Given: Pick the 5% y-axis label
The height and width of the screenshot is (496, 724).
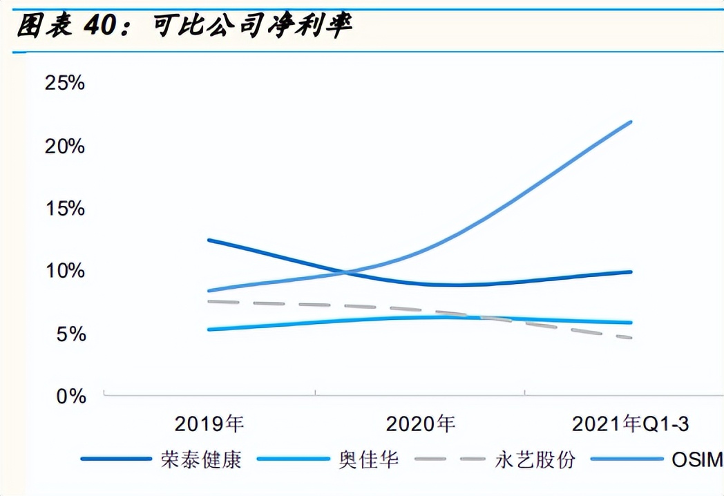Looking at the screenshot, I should (70, 334).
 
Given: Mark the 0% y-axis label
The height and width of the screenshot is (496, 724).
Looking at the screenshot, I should (70, 397).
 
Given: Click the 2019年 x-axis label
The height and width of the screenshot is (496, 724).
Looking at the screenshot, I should (209, 423).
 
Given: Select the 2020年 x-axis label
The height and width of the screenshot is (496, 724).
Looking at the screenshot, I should (420, 423).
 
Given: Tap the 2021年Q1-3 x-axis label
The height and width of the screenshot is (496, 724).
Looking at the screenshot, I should (630, 423).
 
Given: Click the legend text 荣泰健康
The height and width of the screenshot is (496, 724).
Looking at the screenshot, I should (201, 459).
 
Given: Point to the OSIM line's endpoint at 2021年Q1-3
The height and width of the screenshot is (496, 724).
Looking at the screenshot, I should (631, 122).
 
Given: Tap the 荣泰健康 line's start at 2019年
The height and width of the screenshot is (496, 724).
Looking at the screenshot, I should (209, 240).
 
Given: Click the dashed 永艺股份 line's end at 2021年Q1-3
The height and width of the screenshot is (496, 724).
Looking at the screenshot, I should (631, 338).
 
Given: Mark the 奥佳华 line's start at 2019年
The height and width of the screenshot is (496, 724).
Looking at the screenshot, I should (209, 330).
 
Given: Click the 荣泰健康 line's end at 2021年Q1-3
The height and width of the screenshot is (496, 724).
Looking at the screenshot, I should (631, 272).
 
